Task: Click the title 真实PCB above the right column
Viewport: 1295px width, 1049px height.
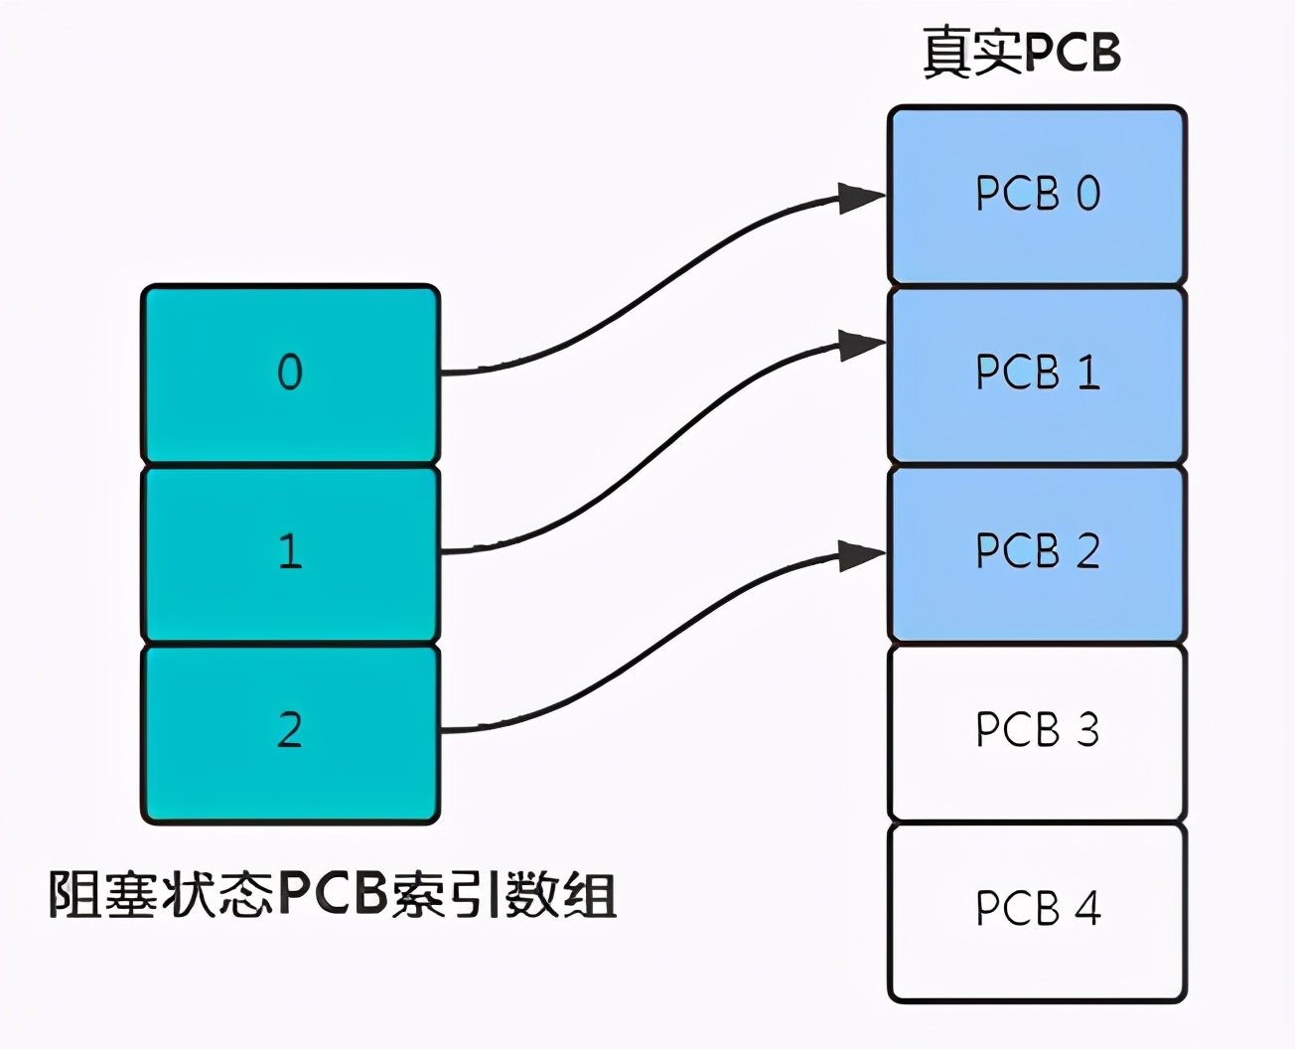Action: pos(1022,52)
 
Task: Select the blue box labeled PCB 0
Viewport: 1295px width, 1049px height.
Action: pos(1037,196)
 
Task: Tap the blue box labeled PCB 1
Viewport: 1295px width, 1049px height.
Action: pos(1037,375)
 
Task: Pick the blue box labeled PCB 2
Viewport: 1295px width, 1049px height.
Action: pos(1037,553)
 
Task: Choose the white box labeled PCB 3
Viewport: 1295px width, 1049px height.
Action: pos(1037,732)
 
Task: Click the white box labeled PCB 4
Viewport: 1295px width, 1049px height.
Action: pos(1037,911)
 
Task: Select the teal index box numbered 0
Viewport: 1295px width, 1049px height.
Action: pos(290,375)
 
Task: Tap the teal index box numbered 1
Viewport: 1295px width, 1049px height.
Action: pos(290,553)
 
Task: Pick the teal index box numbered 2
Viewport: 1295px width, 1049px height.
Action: pos(290,732)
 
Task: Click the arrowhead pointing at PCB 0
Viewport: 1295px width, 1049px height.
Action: pos(860,198)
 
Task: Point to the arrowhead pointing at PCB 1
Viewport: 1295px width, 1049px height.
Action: pos(860,346)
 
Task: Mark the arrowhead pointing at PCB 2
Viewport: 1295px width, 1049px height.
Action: pos(860,555)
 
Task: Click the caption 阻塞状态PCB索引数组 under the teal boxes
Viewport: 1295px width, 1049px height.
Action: pos(333,895)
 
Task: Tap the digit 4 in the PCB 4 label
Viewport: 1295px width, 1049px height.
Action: pos(1088,909)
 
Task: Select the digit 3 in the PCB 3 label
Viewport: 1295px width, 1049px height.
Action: pos(1088,730)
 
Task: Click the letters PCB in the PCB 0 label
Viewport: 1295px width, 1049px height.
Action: pos(1018,194)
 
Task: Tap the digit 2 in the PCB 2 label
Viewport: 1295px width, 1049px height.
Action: pos(1088,551)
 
